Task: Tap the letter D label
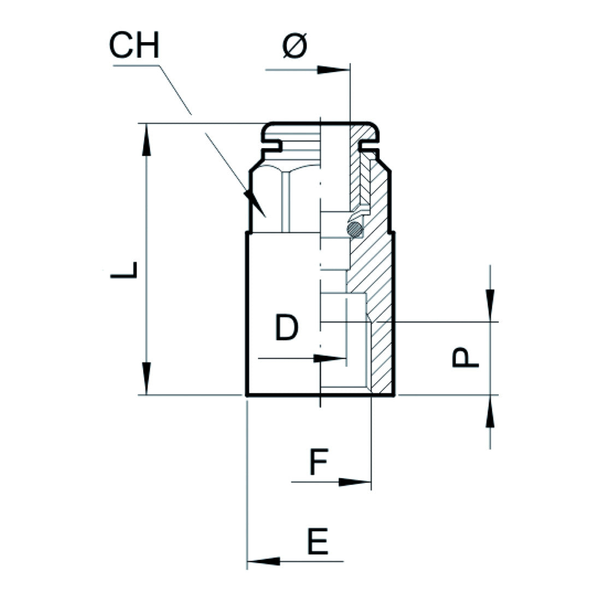(x=286, y=328)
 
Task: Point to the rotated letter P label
(x=466, y=358)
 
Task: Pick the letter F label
(x=318, y=462)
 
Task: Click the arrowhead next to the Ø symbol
(x=333, y=70)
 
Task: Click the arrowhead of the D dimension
(x=331, y=358)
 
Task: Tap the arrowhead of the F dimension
(x=355, y=482)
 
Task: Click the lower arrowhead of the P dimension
(x=490, y=410)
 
